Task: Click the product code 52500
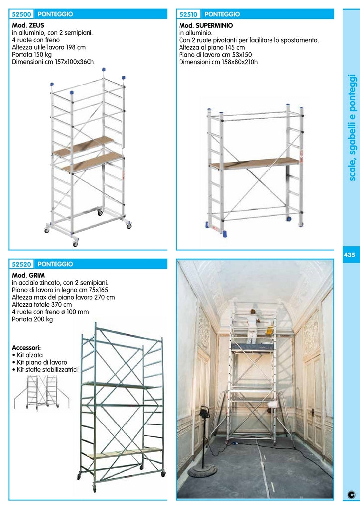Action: click(x=22, y=14)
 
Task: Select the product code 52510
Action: click(x=189, y=14)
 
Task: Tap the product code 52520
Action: click(x=22, y=264)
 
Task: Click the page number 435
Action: click(x=349, y=255)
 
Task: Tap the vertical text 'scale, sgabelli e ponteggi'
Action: click(x=352, y=127)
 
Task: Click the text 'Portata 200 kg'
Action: click(x=32, y=319)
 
